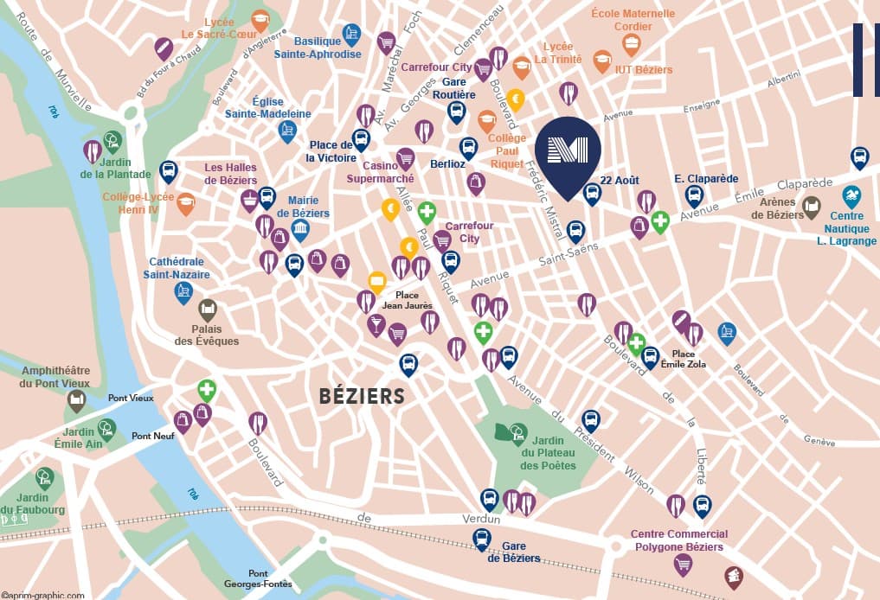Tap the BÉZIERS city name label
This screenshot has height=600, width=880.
point(362,396)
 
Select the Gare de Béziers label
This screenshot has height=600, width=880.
point(520,552)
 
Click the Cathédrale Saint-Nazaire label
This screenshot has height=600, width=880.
point(178,267)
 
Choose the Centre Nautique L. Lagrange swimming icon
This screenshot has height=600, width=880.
point(851,195)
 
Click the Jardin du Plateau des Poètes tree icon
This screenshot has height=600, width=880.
point(517,431)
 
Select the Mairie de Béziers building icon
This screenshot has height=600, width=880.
point(300,230)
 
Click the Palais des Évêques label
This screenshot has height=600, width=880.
point(207,335)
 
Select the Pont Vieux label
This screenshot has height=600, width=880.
point(131,398)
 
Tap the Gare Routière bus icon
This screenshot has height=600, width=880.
point(456,111)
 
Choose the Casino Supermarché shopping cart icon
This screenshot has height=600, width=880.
point(405,158)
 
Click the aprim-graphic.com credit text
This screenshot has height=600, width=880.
point(43,595)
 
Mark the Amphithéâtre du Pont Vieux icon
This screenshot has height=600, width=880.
point(77,399)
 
